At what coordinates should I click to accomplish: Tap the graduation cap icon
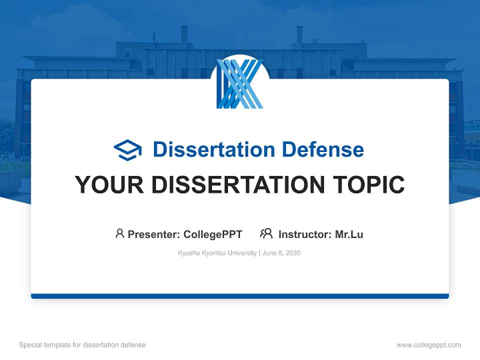127,149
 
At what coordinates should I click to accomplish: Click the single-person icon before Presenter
119,233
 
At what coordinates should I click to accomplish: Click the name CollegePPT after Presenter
213,234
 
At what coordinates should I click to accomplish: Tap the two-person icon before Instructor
266,233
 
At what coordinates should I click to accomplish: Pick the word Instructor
304,234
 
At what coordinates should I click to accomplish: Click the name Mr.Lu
349,234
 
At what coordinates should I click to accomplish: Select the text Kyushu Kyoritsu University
217,253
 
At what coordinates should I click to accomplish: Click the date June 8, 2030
281,253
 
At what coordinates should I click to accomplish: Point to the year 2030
293,253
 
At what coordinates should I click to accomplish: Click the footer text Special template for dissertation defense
82,345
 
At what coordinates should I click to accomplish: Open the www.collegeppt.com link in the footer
428,345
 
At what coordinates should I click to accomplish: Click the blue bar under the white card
240,296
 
